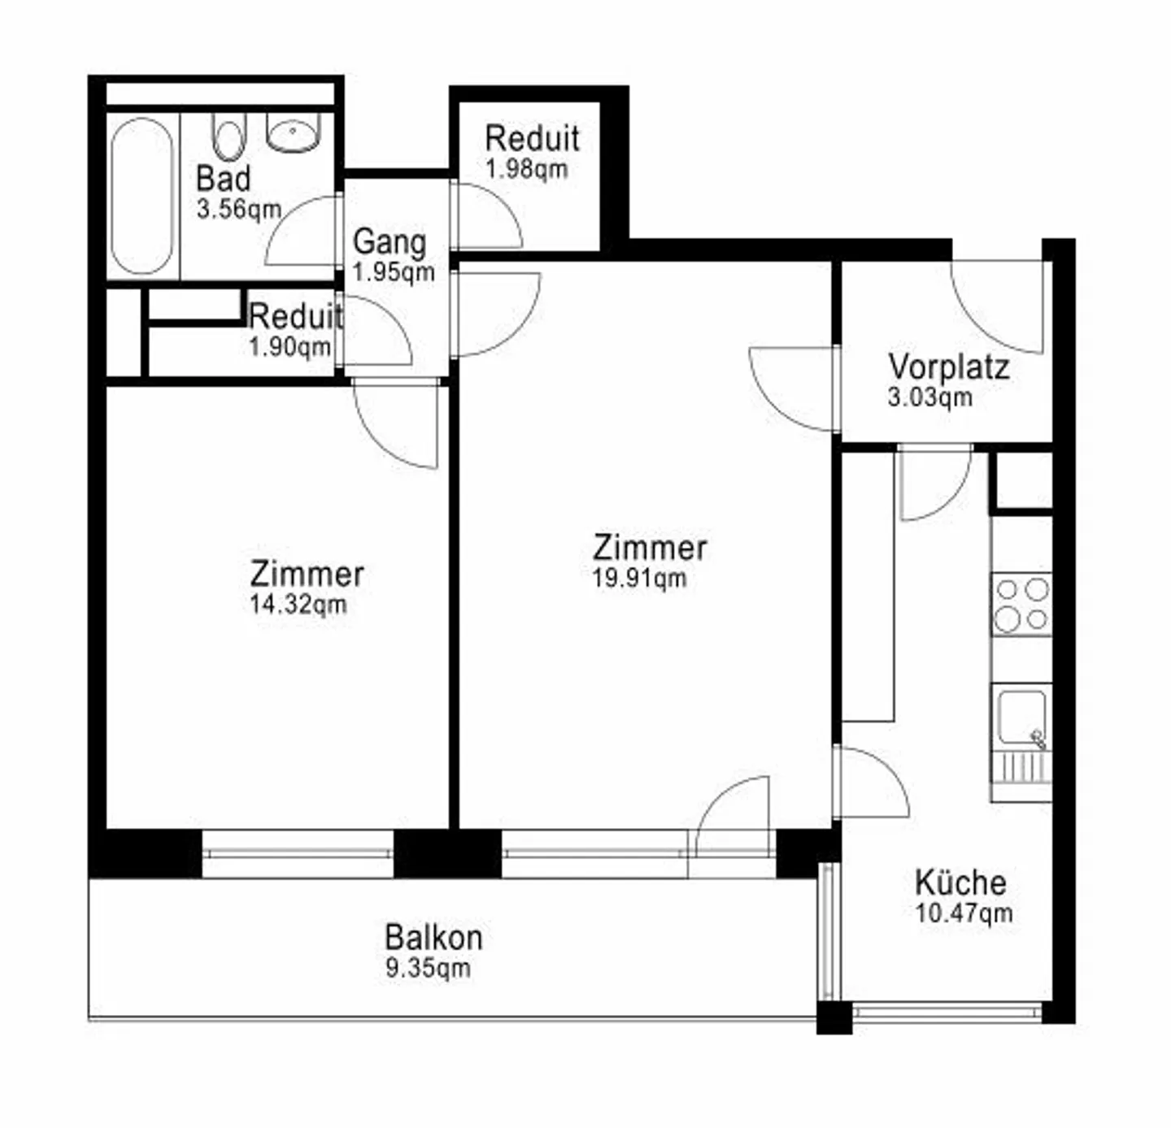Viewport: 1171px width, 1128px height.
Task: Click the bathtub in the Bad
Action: [141, 196]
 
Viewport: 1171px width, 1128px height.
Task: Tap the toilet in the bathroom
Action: [229, 137]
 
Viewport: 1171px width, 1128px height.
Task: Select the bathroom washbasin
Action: [294, 133]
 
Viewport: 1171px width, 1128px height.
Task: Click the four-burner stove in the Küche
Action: [1021, 605]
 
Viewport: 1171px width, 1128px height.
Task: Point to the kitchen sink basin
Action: [1021, 717]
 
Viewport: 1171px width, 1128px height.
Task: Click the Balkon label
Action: [433, 937]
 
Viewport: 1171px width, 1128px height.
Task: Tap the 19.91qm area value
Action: [639, 579]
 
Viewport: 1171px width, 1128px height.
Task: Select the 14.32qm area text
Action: [298, 605]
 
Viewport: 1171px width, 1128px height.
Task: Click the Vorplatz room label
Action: [948, 367]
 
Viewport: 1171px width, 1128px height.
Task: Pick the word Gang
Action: [390, 241]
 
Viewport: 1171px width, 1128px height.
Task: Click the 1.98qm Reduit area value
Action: [526, 169]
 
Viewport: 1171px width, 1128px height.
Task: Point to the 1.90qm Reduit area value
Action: [289, 347]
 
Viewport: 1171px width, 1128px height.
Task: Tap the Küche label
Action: [960, 882]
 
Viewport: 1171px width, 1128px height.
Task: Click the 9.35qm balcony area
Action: [428, 968]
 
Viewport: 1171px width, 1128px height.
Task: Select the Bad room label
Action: [224, 178]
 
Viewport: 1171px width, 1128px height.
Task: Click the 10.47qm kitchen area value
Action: [964, 913]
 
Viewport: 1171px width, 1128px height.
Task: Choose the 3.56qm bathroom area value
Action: [238, 209]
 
